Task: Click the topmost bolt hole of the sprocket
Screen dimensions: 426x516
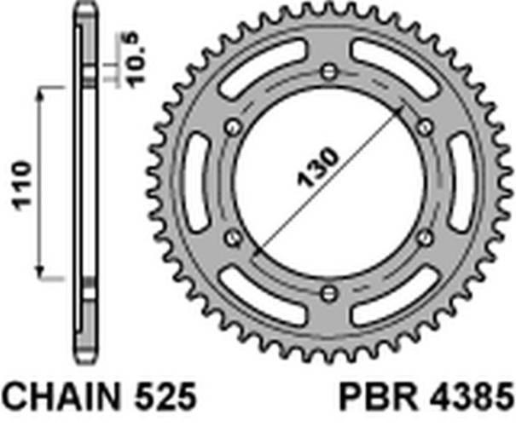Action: click(x=328, y=71)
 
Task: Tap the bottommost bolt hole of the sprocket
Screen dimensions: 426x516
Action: click(x=328, y=293)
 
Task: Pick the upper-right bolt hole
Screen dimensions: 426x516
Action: click(x=424, y=127)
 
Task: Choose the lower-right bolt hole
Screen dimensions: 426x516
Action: click(x=424, y=238)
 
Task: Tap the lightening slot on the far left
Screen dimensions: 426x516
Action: click(x=197, y=182)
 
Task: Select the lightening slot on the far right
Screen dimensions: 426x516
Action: click(x=458, y=182)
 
